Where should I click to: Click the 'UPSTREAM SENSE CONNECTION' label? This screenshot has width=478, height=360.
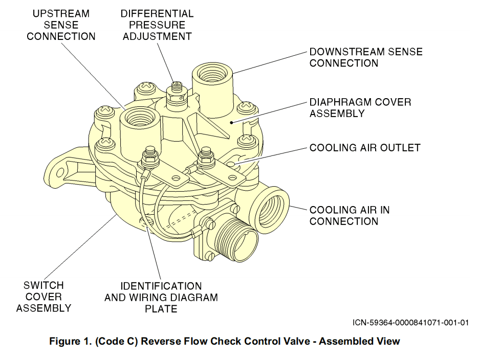(61, 25)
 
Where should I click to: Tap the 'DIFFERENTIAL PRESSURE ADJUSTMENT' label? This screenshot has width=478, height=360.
(157, 25)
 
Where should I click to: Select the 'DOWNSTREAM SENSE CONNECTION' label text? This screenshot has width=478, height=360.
(365, 57)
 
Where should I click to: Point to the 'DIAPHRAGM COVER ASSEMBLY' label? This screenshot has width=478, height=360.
(360, 107)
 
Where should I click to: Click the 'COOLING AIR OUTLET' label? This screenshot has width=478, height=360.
(364, 148)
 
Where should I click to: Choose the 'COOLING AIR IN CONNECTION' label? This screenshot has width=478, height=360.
(349, 215)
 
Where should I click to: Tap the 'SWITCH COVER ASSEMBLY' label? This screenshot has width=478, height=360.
(44, 297)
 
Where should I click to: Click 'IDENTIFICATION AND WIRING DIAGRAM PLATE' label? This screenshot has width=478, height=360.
(161, 298)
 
